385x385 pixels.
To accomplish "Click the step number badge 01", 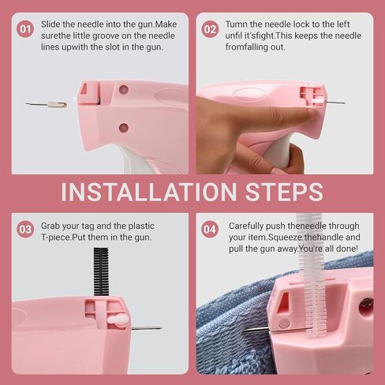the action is pos(25,29).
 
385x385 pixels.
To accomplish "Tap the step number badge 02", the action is pos(210,29).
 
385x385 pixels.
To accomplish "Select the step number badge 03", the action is pos(25,230).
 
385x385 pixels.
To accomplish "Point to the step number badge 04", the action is pos(210,230).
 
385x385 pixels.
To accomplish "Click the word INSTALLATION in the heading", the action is pos(149,192).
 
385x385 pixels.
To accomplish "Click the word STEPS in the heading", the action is pos(284,192).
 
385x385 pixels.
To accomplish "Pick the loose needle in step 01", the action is pos(47,105).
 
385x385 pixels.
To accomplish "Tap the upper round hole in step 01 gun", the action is pos(124,89).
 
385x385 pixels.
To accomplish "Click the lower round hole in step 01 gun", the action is pos(124,128).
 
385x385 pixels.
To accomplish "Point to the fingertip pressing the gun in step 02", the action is pos(312,114).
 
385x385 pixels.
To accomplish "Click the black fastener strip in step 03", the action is pos(101,272).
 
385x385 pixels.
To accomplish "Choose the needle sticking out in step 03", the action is pos(147,328).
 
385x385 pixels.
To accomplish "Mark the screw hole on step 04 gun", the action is pos(366,305).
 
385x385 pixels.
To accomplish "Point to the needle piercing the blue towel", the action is pos(276,330).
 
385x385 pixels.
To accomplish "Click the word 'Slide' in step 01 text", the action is pos(50,24).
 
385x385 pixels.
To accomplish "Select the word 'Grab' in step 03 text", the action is pos(50,226).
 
